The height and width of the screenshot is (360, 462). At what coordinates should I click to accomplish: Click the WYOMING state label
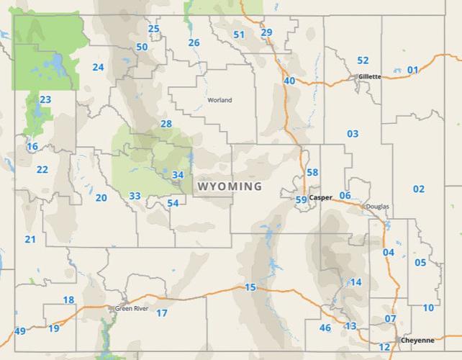pyautogui.click(x=230, y=186)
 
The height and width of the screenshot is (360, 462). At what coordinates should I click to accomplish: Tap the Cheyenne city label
pyautogui.click(x=418, y=339)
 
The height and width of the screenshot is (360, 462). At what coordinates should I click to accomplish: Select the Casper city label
pyautogui.click(x=320, y=197)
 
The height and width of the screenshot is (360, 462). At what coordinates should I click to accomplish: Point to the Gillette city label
pyautogui.click(x=369, y=76)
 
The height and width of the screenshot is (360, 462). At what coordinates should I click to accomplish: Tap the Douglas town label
pyautogui.click(x=377, y=206)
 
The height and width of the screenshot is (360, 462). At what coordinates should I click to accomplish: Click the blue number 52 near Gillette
pyautogui.click(x=363, y=60)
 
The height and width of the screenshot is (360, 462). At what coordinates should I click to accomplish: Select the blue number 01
pyautogui.click(x=412, y=70)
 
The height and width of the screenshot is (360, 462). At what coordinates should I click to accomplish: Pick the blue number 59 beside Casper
pyautogui.click(x=302, y=199)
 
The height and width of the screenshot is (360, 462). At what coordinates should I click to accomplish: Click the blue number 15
pyautogui.click(x=250, y=288)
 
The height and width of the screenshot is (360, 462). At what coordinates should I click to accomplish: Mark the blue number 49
pyautogui.click(x=19, y=331)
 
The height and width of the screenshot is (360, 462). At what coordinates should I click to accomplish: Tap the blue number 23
pyautogui.click(x=45, y=99)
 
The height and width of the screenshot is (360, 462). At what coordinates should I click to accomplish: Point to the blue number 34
pyautogui.click(x=178, y=175)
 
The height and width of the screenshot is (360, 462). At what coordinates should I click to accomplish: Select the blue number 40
pyautogui.click(x=289, y=81)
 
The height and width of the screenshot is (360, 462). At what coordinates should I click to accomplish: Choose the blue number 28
pyautogui.click(x=166, y=124)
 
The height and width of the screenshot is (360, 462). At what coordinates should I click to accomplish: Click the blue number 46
pyautogui.click(x=325, y=328)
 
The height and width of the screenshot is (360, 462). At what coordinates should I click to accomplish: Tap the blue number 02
pyautogui.click(x=418, y=189)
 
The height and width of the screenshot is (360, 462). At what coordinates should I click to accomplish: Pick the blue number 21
pyautogui.click(x=30, y=239)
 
